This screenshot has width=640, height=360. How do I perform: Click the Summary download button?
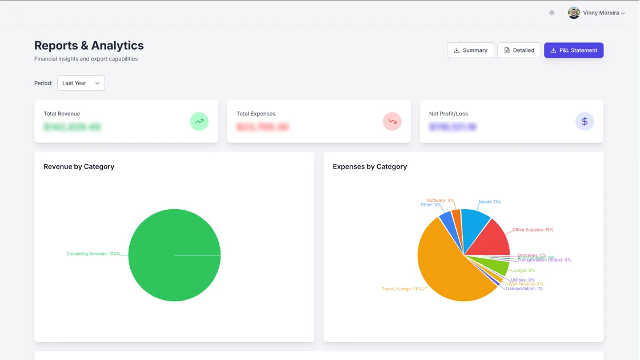click(470, 50)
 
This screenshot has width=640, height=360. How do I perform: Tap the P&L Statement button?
click(573, 50)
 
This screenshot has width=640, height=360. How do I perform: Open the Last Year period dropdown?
click(81, 83)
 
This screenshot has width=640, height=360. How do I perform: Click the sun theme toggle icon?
click(551, 13)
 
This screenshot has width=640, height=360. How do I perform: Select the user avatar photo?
click(574, 13)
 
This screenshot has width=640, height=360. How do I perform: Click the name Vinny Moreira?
click(601, 13)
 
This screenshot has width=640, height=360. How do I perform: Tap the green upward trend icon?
click(199, 121)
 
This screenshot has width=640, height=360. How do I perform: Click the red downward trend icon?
click(392, 121)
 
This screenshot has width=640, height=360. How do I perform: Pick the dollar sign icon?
click(585, 121)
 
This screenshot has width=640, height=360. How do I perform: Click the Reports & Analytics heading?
click(89, 46)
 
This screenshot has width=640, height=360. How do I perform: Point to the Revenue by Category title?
click(79, 167)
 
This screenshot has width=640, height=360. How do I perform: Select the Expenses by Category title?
click(370, 167)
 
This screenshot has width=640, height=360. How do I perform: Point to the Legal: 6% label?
click(525, 271)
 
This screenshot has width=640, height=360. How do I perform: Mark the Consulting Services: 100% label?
click(93, 254)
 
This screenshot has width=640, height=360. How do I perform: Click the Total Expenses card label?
click(256, 114)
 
